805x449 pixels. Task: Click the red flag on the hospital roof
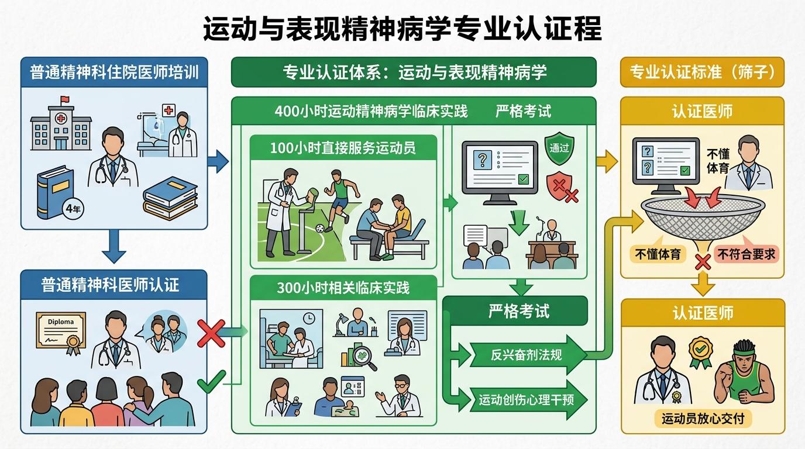65,99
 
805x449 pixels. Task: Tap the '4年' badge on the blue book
73,209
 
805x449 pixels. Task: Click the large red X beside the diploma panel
211,333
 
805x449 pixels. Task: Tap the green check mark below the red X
212,382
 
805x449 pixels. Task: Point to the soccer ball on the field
320,228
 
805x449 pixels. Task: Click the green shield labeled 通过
559,148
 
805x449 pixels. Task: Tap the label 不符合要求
746,254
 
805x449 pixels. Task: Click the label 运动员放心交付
703,419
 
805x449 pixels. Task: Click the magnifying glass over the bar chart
363,358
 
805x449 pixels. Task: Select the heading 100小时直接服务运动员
343,148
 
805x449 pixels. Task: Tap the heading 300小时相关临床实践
343,288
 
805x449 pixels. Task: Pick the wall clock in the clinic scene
309,318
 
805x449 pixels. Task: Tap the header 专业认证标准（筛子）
702,72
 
